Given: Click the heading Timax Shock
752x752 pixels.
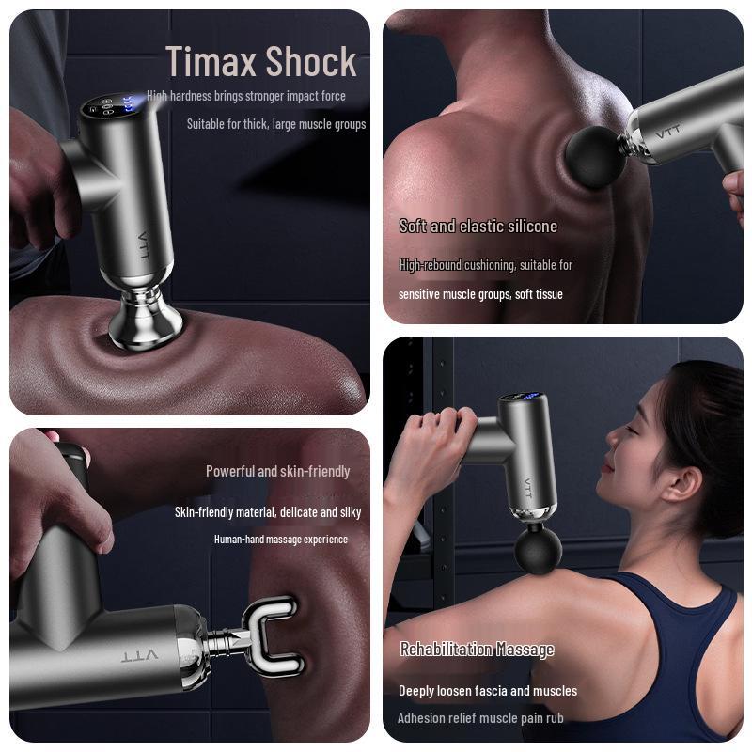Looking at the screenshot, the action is tap(261, 61).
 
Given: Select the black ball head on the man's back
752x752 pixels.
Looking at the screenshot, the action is tap(596, 157).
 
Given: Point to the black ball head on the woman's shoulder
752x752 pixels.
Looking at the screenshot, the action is tap(538, 550).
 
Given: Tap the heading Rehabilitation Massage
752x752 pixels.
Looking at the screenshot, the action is tap(477, 650).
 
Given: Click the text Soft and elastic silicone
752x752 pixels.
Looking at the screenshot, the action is tap(478, 227).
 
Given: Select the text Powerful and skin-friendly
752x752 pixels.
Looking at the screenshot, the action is tap(277, 472).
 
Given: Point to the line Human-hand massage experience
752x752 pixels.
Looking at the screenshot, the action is tap(280, 540).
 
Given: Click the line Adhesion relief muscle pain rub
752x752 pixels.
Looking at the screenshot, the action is tap(480, 718).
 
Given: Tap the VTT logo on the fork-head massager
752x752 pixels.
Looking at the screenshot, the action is tap(139, 655).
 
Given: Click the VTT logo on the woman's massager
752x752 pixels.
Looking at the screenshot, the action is tap(527, 488).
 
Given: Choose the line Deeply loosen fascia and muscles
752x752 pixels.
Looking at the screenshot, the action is tap(488, 691).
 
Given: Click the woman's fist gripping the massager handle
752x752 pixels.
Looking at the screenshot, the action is tap(434, 441).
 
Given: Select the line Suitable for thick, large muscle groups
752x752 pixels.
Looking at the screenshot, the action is tap(276, 124).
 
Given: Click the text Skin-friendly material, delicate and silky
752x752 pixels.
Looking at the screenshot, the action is tap(268, 512).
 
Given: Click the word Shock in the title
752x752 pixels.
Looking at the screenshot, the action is tap(311, 61).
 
